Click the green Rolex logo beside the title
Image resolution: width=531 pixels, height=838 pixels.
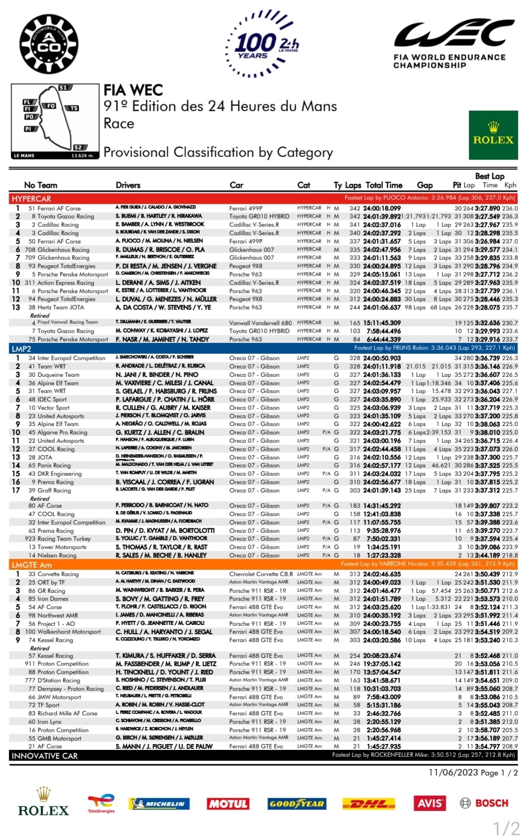click(493, 135)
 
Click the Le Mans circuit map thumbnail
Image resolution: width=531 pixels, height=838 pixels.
click(56, 121)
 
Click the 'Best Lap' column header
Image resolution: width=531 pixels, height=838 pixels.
click(489, 176)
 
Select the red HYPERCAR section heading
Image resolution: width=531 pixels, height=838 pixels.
click(31, 199)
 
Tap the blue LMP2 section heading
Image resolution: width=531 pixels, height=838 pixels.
click(22, 349)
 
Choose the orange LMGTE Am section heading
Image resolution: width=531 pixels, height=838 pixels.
click(31, 565)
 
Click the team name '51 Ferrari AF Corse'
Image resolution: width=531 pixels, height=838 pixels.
click(54, 209)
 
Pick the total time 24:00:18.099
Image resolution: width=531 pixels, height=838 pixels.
click(382, 209)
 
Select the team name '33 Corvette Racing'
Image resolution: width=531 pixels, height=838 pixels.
click(53, 574)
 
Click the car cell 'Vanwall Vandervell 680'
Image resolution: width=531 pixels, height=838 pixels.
click(260, 323)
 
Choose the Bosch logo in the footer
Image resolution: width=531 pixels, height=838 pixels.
click(484, 803)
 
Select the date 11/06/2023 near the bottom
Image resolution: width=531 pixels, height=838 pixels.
click(453, 772)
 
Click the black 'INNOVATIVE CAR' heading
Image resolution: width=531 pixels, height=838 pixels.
click(45, 756)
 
